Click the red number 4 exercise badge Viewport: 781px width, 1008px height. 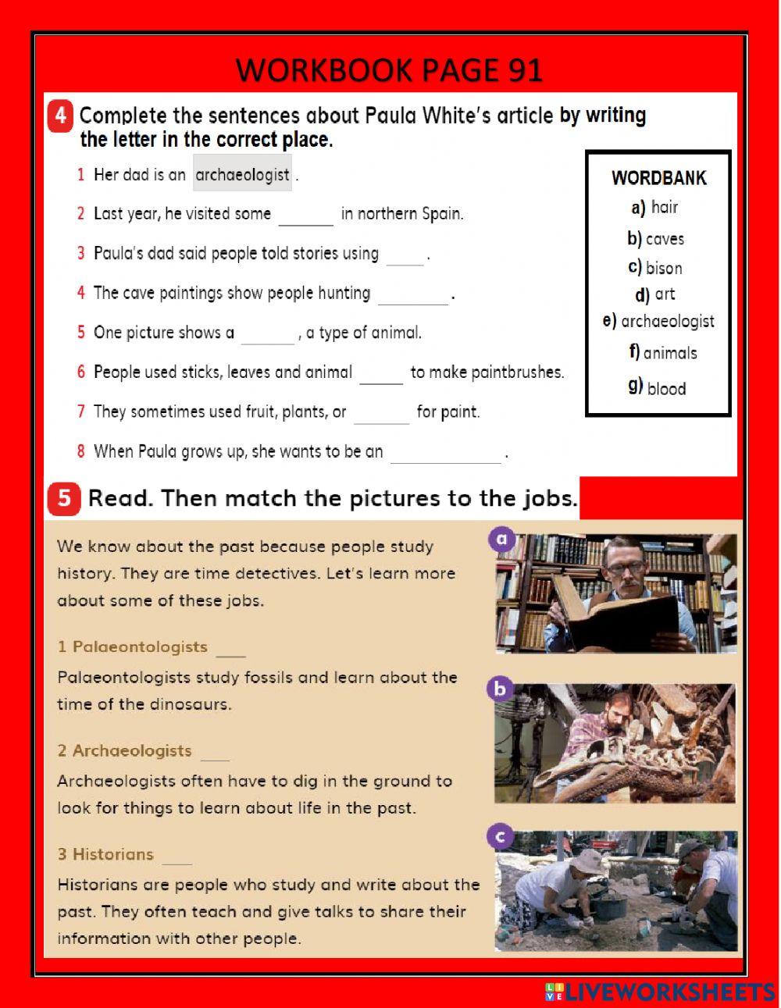pos(61,116)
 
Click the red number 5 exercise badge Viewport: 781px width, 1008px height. pos(63,498)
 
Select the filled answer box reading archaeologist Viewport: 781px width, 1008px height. pos(242,175)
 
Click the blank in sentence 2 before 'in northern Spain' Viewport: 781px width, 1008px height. pos(305,215)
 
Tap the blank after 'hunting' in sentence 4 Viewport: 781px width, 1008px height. pos(412,295)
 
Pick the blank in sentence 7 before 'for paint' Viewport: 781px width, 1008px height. pos(381,414)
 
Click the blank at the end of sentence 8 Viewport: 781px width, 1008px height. pos(445,454)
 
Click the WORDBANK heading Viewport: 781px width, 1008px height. pos(658,178)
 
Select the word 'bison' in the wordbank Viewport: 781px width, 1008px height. pos(664,268)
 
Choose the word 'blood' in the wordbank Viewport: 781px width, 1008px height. pos(666,389)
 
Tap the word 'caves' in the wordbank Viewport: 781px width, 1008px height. pos(665,239)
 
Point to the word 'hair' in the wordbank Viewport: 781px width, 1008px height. pos(665,207)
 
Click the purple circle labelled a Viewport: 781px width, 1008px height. pos(501,539)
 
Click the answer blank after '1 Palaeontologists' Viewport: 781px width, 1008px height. pos(231,650)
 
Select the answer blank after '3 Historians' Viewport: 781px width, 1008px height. pos(177,857)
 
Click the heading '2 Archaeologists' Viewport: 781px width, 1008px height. pos(124,751)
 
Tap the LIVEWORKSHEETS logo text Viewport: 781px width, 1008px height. pos(669,992)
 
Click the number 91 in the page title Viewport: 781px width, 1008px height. pos(525,71)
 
